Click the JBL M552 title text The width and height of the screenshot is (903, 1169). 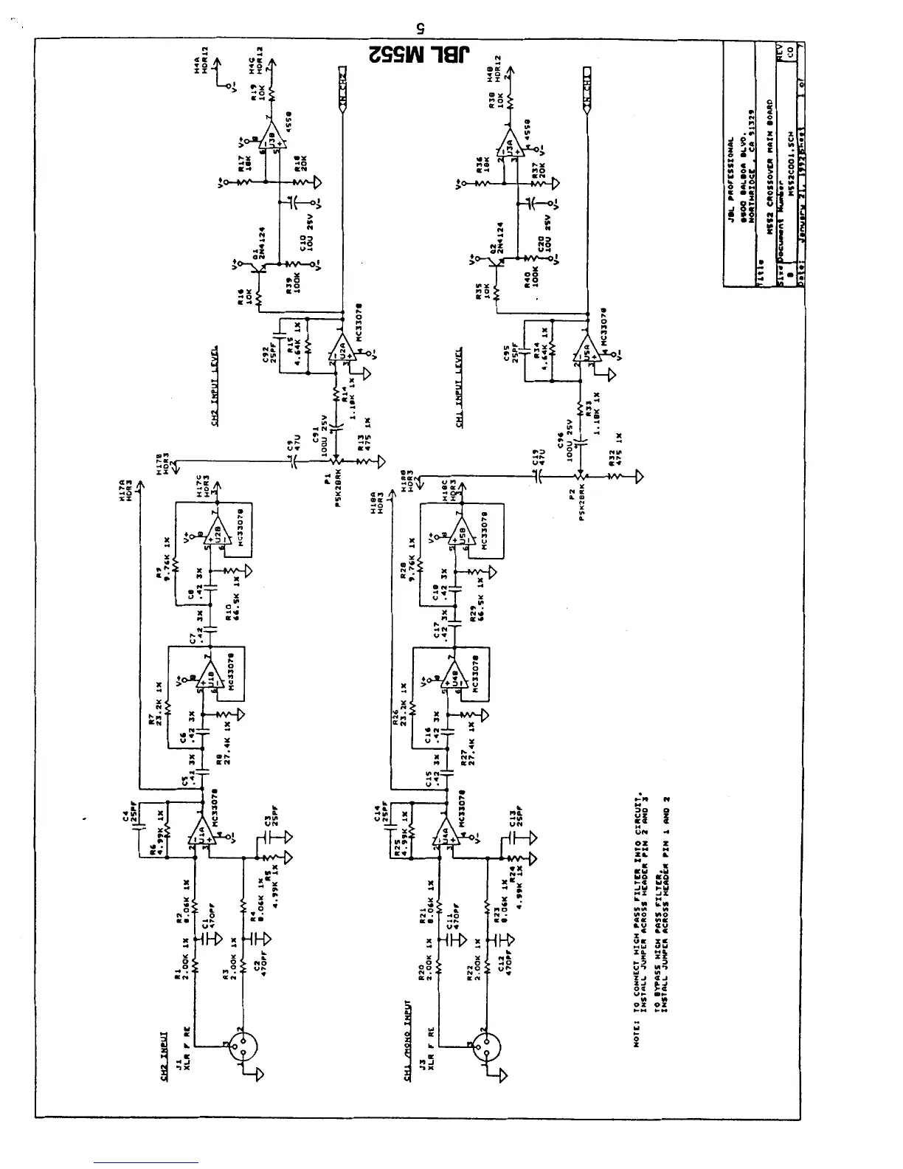418,55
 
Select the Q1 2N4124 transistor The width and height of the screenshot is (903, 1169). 260,265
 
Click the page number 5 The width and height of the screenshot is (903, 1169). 418,27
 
